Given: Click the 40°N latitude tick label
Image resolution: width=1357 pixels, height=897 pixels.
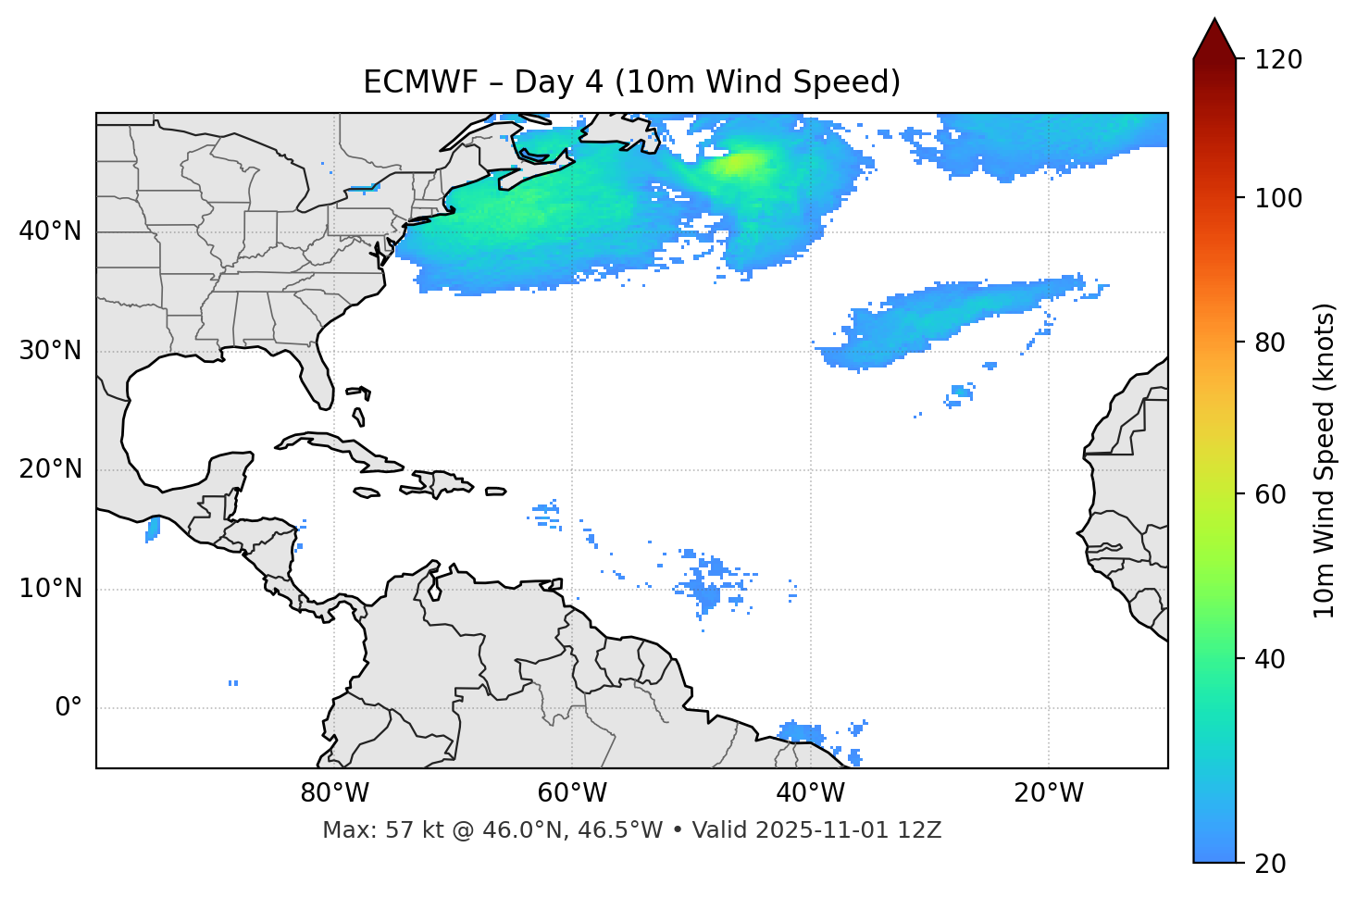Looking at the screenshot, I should [x=50, y=231].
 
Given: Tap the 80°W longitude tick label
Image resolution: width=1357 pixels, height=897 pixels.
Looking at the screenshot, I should [x=334, y=793].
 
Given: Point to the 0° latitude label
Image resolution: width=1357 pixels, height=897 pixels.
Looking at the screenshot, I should [x=68, y=708].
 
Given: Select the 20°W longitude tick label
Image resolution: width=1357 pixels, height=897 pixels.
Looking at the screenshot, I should [x=1048, y=793].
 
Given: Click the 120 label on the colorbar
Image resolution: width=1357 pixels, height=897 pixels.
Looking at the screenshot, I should [x=1280, y=60].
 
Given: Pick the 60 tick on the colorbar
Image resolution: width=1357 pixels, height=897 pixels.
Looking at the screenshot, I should [x=1273, y=494].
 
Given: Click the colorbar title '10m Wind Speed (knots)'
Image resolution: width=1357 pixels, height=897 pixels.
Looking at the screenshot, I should [x=1325, y=461].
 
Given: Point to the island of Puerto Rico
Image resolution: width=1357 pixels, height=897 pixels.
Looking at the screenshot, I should [x=496, y=492].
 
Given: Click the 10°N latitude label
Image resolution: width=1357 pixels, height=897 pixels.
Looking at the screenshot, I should [x=50, y=589].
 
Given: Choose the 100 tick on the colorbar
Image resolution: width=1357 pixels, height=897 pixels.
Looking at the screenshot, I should [x=1280, y=198].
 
